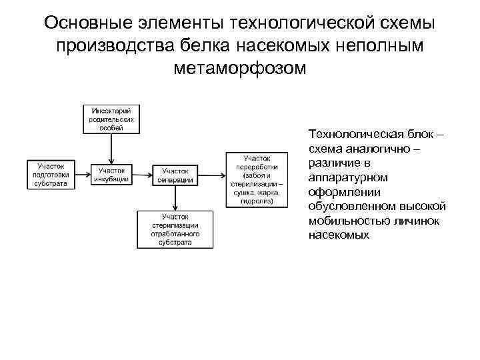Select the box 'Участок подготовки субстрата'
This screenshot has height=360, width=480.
tap(51, 175)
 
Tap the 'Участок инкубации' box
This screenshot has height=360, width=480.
tap(112, 175)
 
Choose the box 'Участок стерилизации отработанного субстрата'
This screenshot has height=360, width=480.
tap(176, 229)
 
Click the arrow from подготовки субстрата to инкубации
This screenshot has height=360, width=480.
tap(81, 175)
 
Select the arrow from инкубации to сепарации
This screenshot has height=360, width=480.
tap(143, 175)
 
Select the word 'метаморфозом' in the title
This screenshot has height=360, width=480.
tap(239, 68)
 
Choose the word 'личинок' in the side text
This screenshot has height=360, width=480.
tap(417, 221)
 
